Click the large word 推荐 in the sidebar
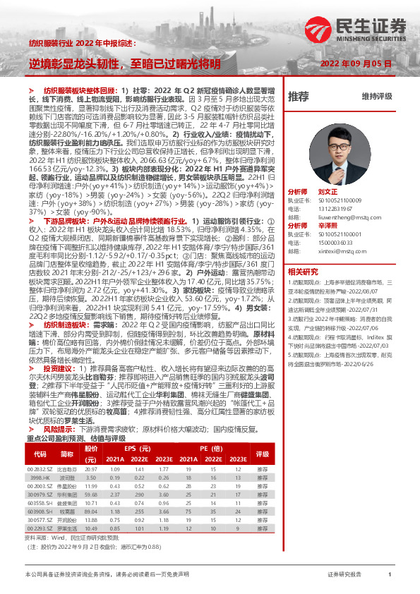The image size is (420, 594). coord(299,96)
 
